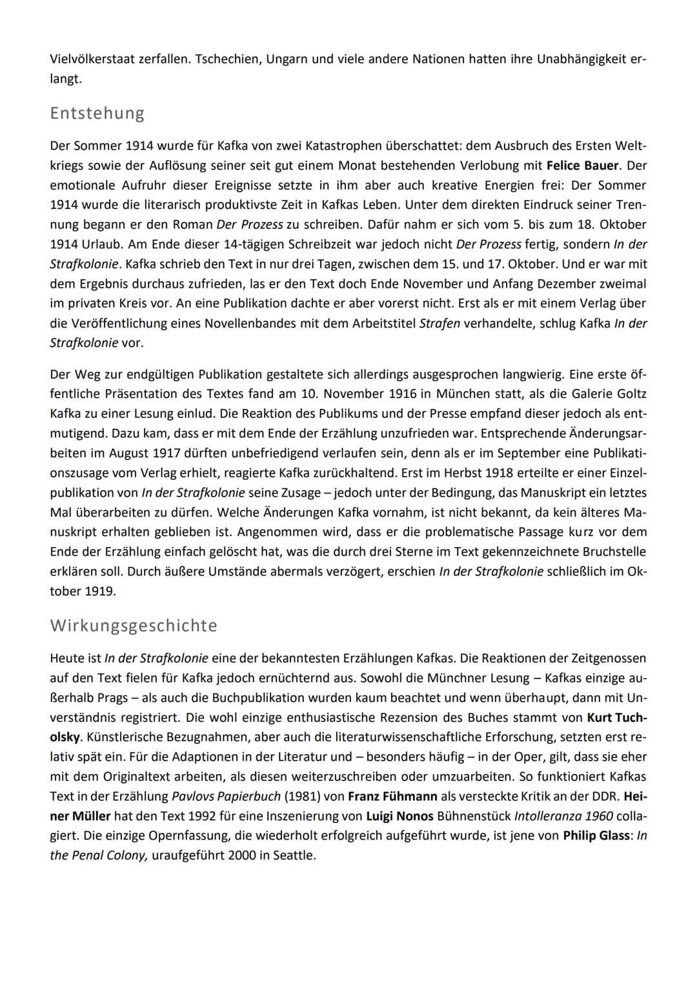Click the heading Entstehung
pyautogui.click(x=97, y=113)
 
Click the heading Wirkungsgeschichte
pyautogui.click(x=134, y=625)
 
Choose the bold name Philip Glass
pyautogui.click(x=596, y=835)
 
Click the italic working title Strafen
pyautogui.click(x=439, y=323)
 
